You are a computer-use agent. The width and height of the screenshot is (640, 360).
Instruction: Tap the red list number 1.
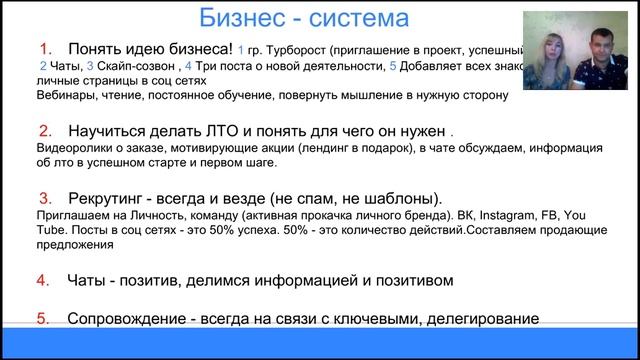coord(46,49)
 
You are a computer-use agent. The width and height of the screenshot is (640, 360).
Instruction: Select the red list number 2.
coord(46,131)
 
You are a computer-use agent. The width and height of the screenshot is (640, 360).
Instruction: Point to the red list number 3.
coord(46,197)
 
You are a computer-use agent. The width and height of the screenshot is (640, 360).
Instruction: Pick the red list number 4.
coord(46,280)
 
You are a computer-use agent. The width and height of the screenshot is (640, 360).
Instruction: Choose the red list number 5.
coord(46,319)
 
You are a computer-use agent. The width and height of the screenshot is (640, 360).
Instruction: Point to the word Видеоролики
coord(72,148)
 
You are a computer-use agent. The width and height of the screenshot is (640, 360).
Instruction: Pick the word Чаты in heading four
coord(89,280)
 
